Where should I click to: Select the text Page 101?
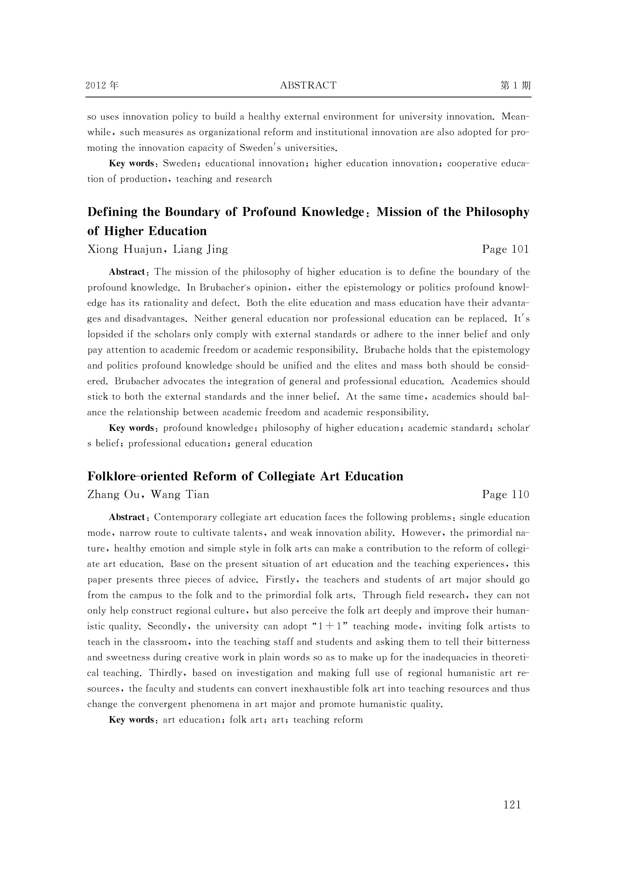coord(505,249)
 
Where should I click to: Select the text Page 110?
coord(505,495)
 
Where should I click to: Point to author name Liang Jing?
coord(201,249)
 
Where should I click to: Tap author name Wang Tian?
coord(180,495)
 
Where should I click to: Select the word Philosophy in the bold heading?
coord(497,212)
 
